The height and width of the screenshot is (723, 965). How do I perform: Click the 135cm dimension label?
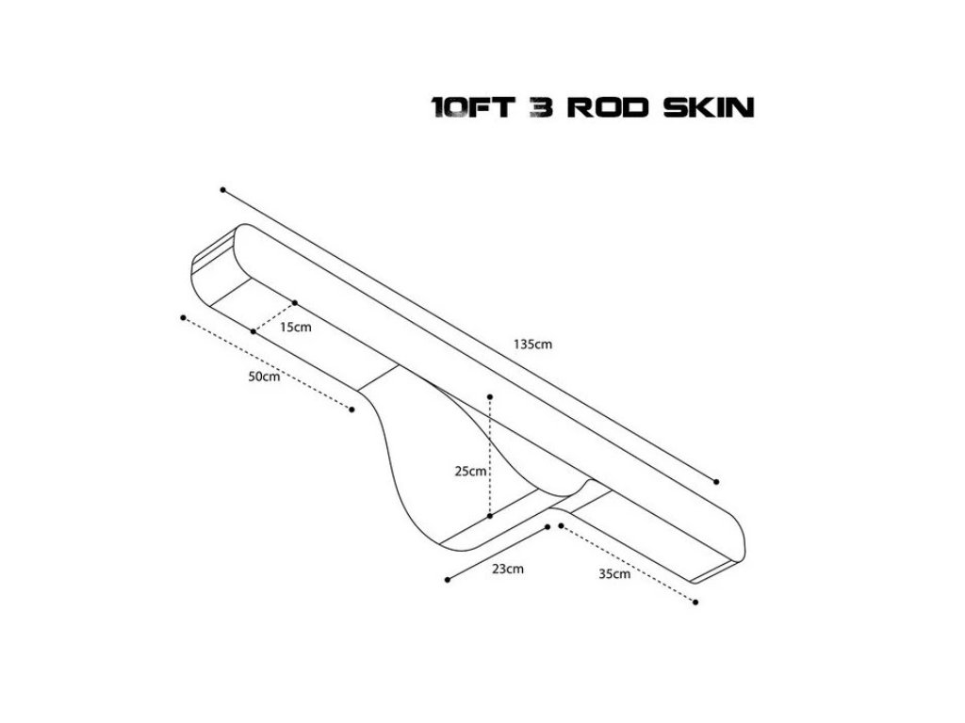(532, 344)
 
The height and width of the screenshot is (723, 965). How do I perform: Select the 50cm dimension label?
(264, 377)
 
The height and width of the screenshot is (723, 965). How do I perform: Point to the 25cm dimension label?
(470, 472)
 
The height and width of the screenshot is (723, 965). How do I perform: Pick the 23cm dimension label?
(508, 568)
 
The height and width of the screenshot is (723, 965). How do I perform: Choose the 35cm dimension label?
(614, 574)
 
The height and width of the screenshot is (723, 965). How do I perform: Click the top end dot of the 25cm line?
(490, 397)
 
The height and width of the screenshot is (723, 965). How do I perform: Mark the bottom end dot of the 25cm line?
(490, 516)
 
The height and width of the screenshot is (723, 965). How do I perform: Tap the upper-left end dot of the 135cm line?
(222, 189)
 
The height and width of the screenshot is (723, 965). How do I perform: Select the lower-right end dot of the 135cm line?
(716, 481)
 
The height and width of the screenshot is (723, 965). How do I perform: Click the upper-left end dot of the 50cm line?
(183, 317)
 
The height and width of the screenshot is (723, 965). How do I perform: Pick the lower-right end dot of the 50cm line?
(352, 410)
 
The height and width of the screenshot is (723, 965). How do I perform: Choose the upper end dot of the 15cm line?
(295, 302)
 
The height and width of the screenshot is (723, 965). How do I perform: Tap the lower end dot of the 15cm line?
(254, 331)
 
